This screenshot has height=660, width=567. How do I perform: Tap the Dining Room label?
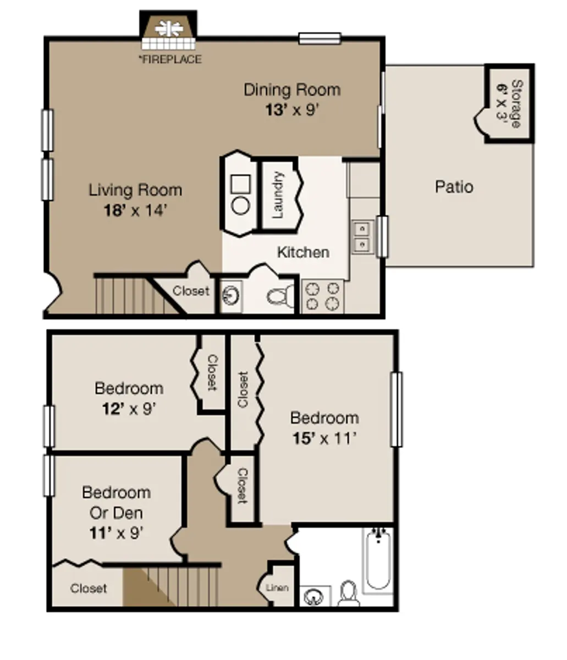coord(292,90)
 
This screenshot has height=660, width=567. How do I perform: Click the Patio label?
coord(454,186)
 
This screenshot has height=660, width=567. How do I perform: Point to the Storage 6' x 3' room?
coord(509,103)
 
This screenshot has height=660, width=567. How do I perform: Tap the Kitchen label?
coord(303,252)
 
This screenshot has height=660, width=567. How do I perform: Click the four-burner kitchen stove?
coord(323,296)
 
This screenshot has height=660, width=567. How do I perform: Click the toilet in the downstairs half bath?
coord(281,296)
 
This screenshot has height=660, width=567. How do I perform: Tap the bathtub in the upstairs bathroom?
coord(378,558)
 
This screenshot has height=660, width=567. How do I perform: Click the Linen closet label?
coord(277,587)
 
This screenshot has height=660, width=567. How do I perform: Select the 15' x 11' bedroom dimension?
coord(324,439)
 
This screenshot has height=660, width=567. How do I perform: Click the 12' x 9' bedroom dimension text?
coord(129,409)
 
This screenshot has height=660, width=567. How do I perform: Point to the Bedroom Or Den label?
coord(116,502)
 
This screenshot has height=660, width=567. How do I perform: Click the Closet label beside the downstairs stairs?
coord(191,290)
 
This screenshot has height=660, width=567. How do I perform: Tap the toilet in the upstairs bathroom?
coord(348,593)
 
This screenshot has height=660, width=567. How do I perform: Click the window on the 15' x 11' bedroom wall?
coord(396,409)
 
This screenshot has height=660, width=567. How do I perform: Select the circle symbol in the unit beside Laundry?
coord(241,206)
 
